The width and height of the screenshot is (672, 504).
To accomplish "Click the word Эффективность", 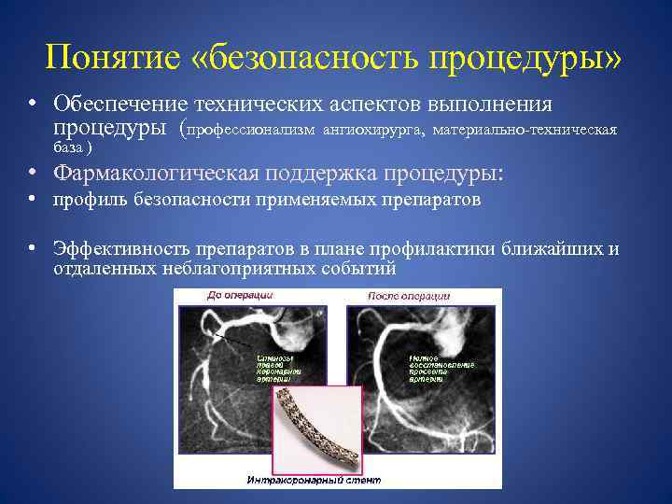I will (122, 248).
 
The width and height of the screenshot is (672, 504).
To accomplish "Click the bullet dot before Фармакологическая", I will (32, 173).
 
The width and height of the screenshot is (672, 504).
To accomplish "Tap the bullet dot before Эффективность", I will (32, 248).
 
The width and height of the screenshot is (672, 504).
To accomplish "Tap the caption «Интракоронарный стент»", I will (301, 480).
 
